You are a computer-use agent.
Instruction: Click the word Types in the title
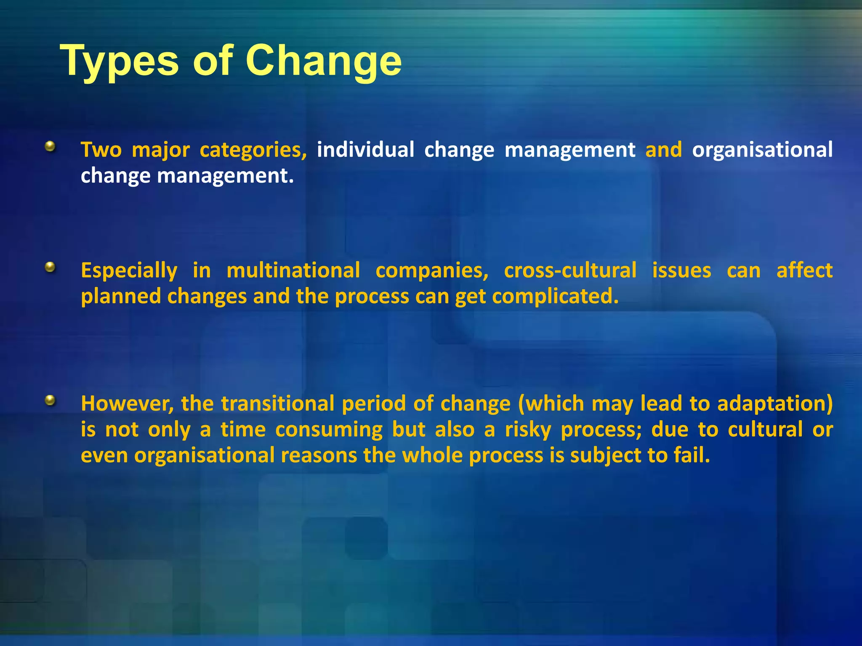coord(120,61)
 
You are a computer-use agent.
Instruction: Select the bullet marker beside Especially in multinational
coord(51,267)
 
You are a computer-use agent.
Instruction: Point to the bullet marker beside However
coord(51,400)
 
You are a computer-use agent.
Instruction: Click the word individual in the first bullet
coord(365,150)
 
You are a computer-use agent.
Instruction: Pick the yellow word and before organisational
coord(663,150)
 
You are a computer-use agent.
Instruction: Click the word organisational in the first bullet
coord(762,150)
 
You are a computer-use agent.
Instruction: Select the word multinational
coord(293,270)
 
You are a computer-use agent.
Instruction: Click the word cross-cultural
coord(570,270)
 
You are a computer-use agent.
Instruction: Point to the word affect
coord(804,270)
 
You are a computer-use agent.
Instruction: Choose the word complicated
coord(555,297)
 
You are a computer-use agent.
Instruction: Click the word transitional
coord(278,403)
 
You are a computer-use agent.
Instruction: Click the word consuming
coord(329,430)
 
